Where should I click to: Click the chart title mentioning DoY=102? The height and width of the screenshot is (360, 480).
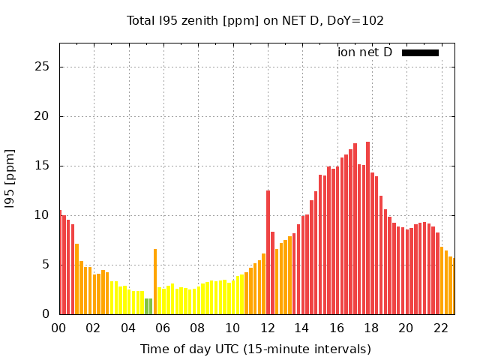pyautogui.click(x=255, y=20)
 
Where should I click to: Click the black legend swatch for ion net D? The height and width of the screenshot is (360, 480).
pyautogui.click(x=420, y=52)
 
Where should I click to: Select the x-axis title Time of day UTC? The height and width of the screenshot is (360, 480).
pyautogui.click(x=255, y=349)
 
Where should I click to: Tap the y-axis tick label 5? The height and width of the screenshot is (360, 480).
pyautogui.click(x=46, y=264)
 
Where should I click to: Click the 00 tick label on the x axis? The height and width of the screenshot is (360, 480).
pyautogui.click(x=58, y=328)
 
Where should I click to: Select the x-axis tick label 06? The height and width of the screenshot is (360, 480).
pyautogui.click(x=163, y=328)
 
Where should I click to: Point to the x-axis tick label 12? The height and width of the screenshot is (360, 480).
pyautogui.click(x=267, y=328)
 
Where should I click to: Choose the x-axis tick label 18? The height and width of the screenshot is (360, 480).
pyautogui.click(x=371, y=328)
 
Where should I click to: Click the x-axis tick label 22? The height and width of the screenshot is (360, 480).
pyautogui.click(x=441, y=328)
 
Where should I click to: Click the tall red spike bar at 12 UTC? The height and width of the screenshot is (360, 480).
pyautogui.click(x=268, y=251)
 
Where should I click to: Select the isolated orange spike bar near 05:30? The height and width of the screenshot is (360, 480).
pyautogui.click(x=155, y=281)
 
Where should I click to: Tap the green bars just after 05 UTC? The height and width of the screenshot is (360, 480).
pyautogui.click(x=148, y=306)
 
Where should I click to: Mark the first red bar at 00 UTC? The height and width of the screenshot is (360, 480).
pyautogui.click(x=60, y=262)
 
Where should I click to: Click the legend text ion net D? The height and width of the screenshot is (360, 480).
pyautogui.click(x=364, y=52)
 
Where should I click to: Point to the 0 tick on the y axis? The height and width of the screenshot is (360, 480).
pyautogui.click(x=46, y=313)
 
